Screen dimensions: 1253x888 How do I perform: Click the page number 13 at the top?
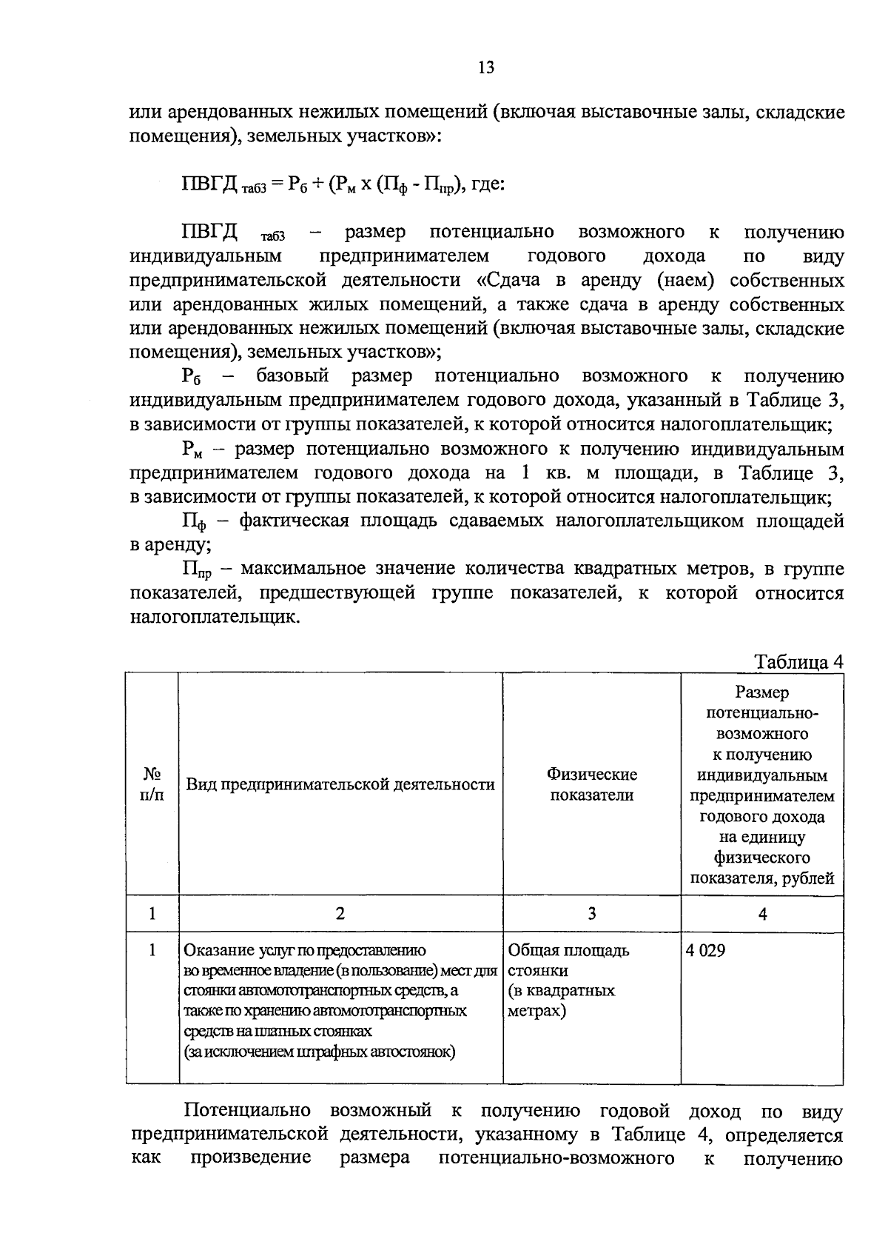(x=485, y=68)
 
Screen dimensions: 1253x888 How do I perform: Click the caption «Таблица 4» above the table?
(x=798, y=661)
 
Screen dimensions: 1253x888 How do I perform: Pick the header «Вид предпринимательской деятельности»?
(x=340, y=784)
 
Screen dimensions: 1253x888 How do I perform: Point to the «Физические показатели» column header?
(x=591, y=784)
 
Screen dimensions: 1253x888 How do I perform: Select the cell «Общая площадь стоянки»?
(x=568, y=960)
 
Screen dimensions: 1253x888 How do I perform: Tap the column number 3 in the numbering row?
(x=591, y=913)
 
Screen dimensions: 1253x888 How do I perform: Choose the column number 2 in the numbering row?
(x=340, y=913)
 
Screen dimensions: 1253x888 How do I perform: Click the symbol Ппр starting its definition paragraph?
(x=196, y=570)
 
